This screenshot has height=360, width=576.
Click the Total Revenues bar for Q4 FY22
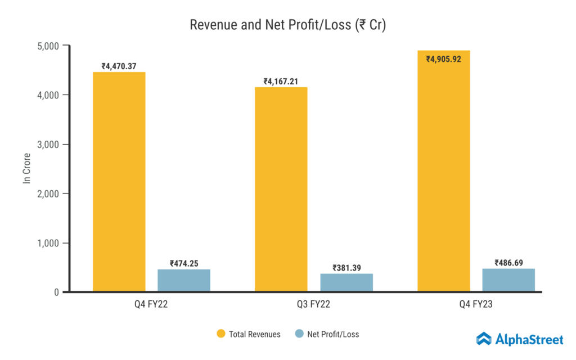(x=119, y=182)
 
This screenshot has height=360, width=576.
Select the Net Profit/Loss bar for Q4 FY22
(x=184, y=280)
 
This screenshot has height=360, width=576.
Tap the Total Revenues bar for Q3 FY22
(x=281, y=189)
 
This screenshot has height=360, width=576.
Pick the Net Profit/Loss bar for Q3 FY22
(x=346, y=282)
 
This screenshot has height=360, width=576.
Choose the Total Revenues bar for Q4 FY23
(x=444, y=171)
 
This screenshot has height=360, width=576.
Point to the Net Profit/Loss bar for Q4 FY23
(x=508, y=280)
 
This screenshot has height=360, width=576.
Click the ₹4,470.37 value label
(x=119, y=66)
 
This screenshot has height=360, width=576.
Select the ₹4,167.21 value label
(x=281, y=82)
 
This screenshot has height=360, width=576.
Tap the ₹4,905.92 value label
(x=444, y=58)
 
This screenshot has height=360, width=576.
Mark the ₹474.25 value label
(x=184, y=263)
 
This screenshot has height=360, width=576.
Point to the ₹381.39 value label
(x=346, y=268)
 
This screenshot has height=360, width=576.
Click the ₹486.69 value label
(x=508, y=263)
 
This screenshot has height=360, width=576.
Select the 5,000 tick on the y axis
(x=49, y=46)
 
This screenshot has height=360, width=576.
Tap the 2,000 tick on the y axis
(x=49, y=193)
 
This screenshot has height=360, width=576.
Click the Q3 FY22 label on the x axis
(x=314, y=305)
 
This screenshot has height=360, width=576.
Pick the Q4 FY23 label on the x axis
(x=476, y=305)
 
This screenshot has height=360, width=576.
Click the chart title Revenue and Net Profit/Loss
(x=287, y=25)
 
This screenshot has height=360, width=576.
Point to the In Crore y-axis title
(x=26, y=168)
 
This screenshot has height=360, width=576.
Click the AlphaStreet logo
(x=520, y=339)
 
